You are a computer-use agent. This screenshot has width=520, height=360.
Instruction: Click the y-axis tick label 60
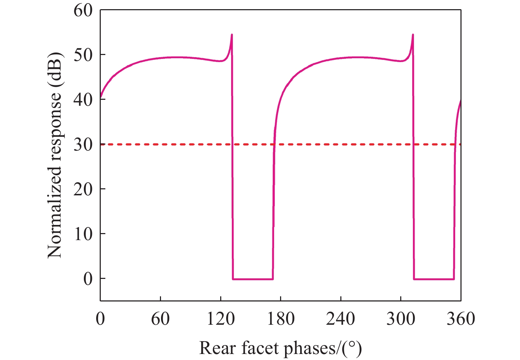[x=83, y=11]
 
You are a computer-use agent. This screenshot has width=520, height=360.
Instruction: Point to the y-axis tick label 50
[x=83, y=55]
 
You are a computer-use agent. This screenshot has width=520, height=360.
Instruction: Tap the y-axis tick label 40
[x=83, y=100]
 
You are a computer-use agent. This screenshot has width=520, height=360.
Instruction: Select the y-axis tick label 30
[x=83, y=145]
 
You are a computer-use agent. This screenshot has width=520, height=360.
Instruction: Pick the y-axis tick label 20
[x=83, y=190]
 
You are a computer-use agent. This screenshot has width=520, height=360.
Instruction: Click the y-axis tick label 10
[x=83, y=234]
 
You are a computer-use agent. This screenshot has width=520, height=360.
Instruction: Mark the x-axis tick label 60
[x=160, y=319]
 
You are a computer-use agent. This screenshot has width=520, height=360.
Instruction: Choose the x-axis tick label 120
[x=221, y=319]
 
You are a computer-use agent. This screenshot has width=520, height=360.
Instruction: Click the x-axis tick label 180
[x=281, y=319]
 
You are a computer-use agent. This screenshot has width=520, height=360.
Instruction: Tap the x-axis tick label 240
[x=341, y=319]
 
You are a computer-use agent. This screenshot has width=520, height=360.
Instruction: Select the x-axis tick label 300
[x=401, y=319]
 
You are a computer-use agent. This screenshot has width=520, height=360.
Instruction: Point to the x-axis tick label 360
[x=461, y=319]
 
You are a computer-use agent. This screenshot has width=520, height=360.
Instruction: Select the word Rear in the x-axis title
[x=217, y=348]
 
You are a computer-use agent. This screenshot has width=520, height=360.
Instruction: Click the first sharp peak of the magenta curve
[x=232, y=35]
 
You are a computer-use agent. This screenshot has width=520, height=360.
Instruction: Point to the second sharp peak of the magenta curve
[x=413, y=35]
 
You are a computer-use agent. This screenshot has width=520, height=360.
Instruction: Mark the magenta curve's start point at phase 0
[x=100, y=98]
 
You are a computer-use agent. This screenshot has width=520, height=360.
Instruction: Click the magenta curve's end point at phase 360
[x=460, y=100]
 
